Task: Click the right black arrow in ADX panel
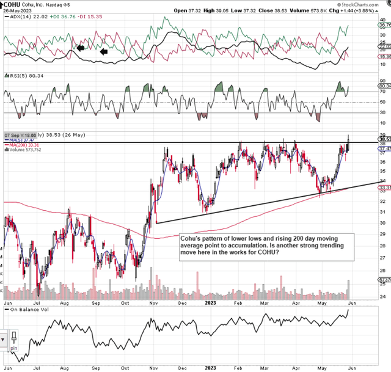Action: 103,52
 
